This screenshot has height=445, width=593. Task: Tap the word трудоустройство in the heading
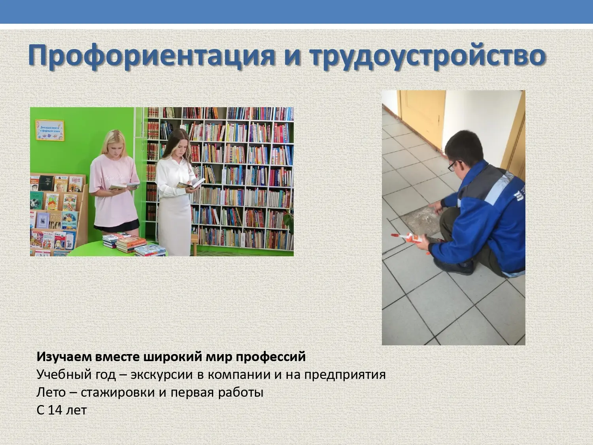[428, 56]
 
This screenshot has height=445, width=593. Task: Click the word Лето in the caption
[51, 392]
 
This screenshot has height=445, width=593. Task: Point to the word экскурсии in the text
[162, 375]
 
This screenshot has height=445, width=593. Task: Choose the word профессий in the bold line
[271, 357]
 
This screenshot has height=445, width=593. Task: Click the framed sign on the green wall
[50, 130]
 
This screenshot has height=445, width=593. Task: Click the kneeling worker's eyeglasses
[454, 165]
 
